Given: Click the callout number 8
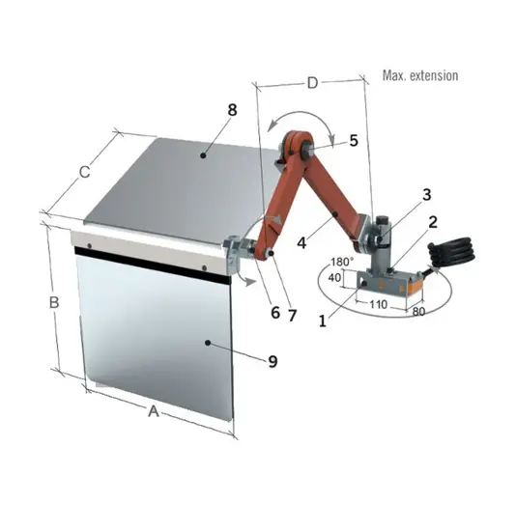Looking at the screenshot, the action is tap(232, 110).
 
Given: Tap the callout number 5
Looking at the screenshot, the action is tap(354, 140).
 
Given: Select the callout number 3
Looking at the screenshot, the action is tap(426, 194).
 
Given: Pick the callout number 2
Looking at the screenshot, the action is tap(433, 222).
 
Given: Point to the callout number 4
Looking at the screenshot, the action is tap(301, 242).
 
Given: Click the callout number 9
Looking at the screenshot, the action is tap(272, 361).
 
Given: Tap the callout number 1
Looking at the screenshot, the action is tap(323, 321).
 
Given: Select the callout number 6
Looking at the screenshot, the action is tap(275, 312).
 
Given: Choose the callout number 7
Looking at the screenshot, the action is tap(292, 316).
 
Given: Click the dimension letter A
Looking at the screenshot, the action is tap(154, 411).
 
